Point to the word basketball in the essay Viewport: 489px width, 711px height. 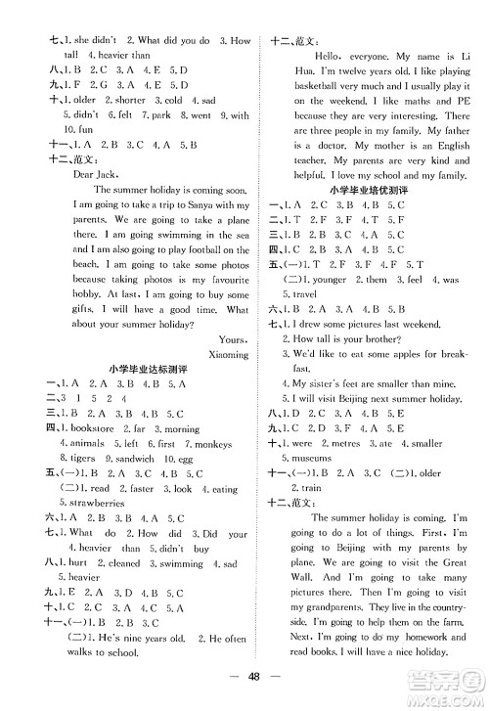pyautogui.click(x=322, y=86)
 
